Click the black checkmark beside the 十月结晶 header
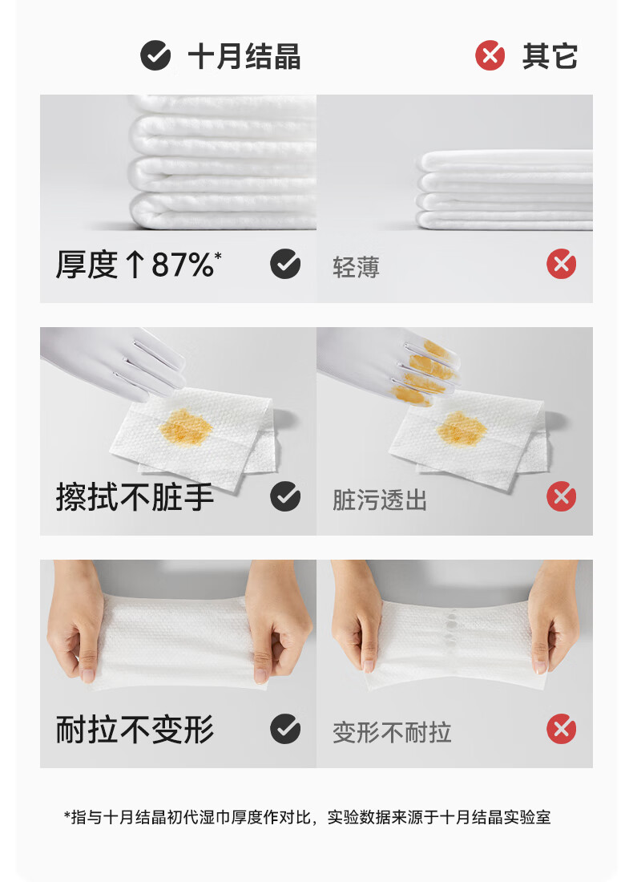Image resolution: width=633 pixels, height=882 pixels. click(x=155, y=56)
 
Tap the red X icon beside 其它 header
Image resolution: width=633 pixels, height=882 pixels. click(x=490, y=56)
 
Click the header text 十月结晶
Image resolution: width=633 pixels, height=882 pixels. click(x=244, y=57)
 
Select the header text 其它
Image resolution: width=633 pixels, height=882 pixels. click(x=550, y=56)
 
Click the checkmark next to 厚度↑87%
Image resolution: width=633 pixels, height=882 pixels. click(x=285, y=264)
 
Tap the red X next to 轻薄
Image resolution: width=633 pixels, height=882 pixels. click(x=562, y=264)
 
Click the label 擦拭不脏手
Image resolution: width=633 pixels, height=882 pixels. click(x=135, y=498)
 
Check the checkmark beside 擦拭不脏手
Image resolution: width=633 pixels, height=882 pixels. click(x=285, y=497)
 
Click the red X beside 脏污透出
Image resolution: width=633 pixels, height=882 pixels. click(x=562, y=497)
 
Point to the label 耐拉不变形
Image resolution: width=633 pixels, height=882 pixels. click(x=135, y=730)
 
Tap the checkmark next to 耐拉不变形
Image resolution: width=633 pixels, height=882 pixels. click(x=285, y=730)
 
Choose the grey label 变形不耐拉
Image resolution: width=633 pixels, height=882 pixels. click(x=392, y=733)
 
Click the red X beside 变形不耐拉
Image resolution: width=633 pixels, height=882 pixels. click(x=562, y=730)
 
